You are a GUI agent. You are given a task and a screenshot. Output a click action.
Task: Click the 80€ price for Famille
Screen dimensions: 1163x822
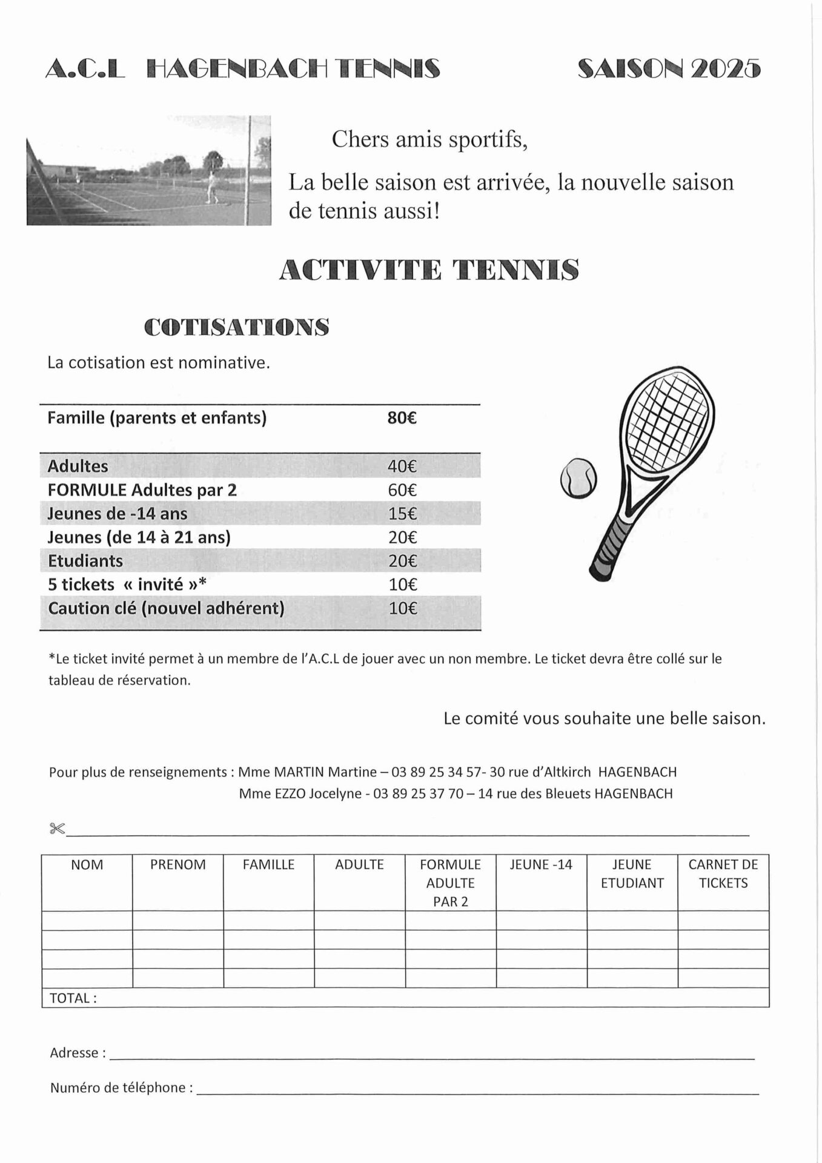[x=402, y=418]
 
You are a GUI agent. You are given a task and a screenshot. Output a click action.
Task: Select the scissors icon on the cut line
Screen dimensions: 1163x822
[x=57, y=829]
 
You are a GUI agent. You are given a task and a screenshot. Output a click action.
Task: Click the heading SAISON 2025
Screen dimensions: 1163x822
[x=669, y=69]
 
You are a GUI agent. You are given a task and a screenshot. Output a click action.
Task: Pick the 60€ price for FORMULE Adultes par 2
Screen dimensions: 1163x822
[x=402, y=490]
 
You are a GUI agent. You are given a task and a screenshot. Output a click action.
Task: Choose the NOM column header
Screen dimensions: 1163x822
[x=87, y=865]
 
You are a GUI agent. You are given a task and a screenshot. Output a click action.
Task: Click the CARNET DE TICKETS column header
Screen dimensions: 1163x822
[x=723, y=873]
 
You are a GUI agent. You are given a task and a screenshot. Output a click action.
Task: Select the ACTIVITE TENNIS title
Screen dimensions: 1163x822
[x=428, y=270]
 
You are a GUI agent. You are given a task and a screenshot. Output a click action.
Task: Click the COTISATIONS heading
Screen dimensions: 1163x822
[x=237, y=327]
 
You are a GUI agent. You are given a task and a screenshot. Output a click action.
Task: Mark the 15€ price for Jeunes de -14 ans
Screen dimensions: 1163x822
[x=402, y=514]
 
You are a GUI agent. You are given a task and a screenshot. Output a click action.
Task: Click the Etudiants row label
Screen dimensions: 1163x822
[x=85, y=561]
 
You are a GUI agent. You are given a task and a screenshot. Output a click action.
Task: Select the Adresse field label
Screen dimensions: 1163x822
[x=78, y=1053]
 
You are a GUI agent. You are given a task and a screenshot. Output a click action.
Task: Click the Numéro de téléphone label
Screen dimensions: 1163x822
[x=121, y=1088]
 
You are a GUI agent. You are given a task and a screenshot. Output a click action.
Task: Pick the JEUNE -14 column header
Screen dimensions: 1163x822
[x=540, y=865]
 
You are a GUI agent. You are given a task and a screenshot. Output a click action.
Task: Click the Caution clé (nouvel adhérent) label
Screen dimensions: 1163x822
[x=166, y=608]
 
